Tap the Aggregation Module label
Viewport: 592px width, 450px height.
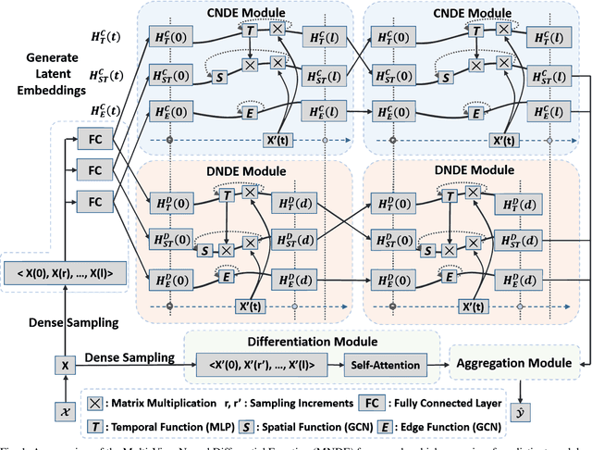(x=515, y=365)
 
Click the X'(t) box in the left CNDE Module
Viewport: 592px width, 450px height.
(x=277, y=141)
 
